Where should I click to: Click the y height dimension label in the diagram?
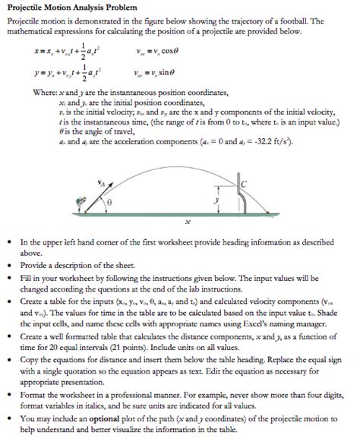pyautogui.click(x=216, y=200)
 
